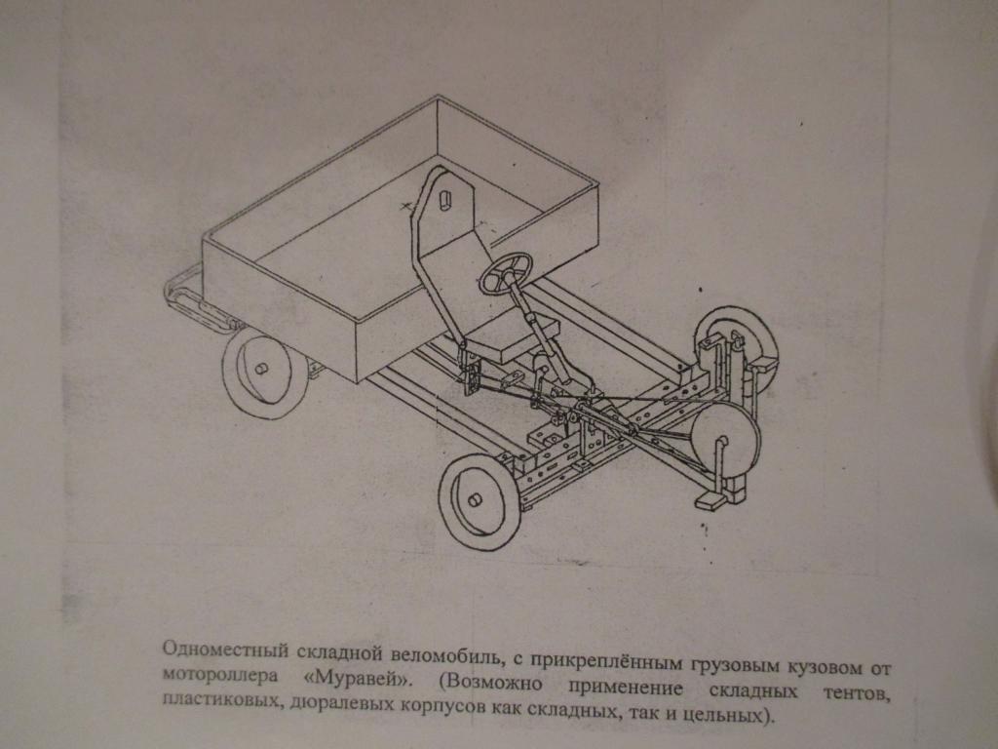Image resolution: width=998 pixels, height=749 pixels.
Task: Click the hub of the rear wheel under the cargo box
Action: tap(260, 369)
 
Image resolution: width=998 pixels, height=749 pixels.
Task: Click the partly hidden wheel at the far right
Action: tap(739, 344)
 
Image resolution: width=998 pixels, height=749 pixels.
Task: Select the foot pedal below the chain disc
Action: tap(710, 500)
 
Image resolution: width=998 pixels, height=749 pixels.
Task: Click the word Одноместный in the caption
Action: tap(225, 650)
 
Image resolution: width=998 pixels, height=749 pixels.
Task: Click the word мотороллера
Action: tap(220, 675)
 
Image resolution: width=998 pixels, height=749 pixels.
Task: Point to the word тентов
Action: tap(856, 693)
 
